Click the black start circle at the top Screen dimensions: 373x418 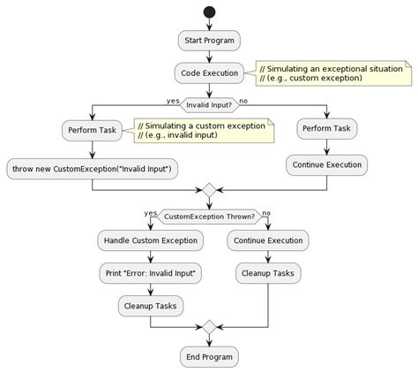coord(209,11)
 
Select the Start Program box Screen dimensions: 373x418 coord(209,41)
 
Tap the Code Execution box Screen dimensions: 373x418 coord(209,72)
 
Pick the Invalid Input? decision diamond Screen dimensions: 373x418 coord(209,104)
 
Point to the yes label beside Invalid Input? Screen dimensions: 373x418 coord(173,100)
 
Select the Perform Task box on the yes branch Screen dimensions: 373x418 coord(90,131)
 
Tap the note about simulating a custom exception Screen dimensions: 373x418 coord(201,131)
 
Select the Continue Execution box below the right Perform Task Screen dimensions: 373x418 coord(326,164)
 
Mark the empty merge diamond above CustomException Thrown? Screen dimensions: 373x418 coord(209,189)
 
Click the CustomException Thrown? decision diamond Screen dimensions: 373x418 coord(209,217)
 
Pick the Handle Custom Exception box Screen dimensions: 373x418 coord(151,240)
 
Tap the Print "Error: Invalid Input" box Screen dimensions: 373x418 coord(151,273)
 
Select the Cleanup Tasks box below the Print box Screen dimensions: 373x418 coord(151,305)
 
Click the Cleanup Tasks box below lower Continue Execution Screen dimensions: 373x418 coord(268,273)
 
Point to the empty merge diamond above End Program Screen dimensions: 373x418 coord(209,327)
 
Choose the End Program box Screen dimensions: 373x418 coord(209,357)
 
